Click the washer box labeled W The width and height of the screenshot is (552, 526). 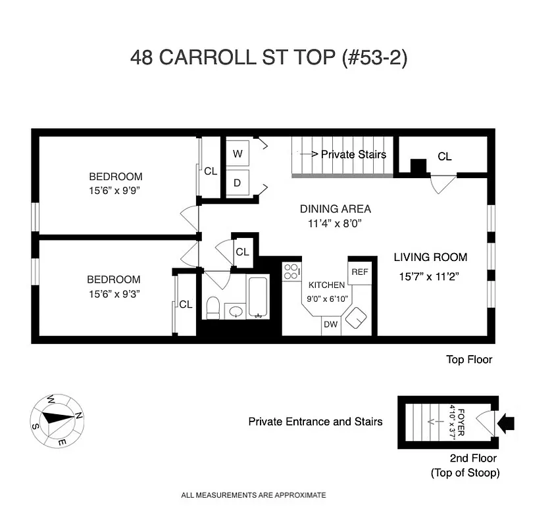(238, 155)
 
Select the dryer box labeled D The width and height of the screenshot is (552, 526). (238, 183)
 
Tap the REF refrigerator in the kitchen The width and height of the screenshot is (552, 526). (359, 272)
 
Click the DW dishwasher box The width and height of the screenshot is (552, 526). (330, 325)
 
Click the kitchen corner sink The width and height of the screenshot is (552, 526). (357, 318)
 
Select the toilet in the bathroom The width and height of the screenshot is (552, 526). (213, 307)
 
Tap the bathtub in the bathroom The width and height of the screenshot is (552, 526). (258, 297)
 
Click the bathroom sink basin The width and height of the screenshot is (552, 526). (235, 310)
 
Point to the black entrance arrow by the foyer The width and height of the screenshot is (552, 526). (507, 423)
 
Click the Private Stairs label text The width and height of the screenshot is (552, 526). (348, 155)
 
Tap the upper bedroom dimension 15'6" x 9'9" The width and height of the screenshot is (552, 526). (116, 191)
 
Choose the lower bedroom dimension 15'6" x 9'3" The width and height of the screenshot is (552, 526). (115, 293)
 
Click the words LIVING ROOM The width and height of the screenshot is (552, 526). (430, 257)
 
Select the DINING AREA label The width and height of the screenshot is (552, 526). (336, 209)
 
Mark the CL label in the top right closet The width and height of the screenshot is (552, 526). (445, 156)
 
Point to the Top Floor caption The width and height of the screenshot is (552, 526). (469, 360)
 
